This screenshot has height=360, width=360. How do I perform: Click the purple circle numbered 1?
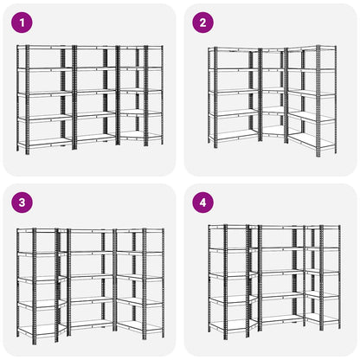22,22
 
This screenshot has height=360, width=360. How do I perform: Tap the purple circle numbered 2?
203,22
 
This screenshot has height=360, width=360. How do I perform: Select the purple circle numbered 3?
22,202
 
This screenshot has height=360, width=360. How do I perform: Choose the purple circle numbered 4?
203,202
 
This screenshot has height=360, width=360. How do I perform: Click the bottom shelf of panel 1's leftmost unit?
45,142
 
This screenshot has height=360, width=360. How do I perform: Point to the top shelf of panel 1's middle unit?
95,47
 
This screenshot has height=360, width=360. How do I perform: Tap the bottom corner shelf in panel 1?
140,135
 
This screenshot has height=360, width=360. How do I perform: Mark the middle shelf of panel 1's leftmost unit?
45,93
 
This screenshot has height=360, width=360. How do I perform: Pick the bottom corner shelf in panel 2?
273,132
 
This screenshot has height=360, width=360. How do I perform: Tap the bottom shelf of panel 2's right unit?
312,140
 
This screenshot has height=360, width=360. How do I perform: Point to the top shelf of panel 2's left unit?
235,50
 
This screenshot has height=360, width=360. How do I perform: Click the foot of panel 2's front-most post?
318,155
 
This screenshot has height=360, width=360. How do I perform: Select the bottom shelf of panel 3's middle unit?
91,324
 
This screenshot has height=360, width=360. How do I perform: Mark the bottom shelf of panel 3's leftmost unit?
37,331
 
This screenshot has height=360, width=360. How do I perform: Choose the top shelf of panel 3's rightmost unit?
140,231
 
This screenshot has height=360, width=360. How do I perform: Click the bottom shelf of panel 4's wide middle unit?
282,318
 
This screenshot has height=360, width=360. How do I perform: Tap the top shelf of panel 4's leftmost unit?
228,228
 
